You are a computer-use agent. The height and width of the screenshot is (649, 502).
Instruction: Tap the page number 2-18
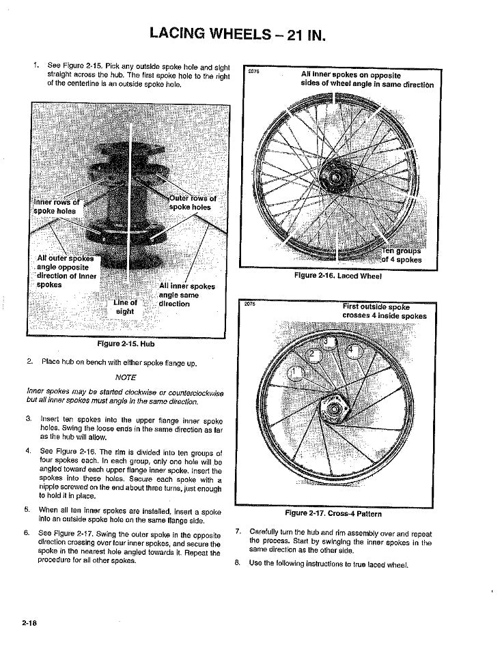coord(29,622)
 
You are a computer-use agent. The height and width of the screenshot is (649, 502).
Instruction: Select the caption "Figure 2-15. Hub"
coord(126,344)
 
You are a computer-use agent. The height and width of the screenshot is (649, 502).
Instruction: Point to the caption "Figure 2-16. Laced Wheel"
coord(337,276)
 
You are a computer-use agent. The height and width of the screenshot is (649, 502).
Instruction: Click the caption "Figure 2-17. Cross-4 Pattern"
coord(333,513)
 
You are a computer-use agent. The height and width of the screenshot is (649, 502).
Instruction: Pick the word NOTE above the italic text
coord(126,377)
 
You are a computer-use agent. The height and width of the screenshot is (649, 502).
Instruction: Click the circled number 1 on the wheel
coord(296,373)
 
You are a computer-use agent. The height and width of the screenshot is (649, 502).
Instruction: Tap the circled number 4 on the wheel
coord(352,350)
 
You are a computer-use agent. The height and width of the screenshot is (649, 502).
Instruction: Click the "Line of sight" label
coord(125,306)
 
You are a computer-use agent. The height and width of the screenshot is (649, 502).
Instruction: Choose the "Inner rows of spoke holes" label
coord(56,206)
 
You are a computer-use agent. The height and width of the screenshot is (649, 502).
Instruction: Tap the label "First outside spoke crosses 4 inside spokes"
coord(384,311)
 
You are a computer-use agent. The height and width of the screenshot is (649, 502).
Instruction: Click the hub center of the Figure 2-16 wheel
coord(336,178)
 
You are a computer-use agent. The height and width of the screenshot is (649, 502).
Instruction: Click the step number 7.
coord(238,532)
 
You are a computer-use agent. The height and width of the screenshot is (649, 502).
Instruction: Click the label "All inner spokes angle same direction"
coord(186,295)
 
